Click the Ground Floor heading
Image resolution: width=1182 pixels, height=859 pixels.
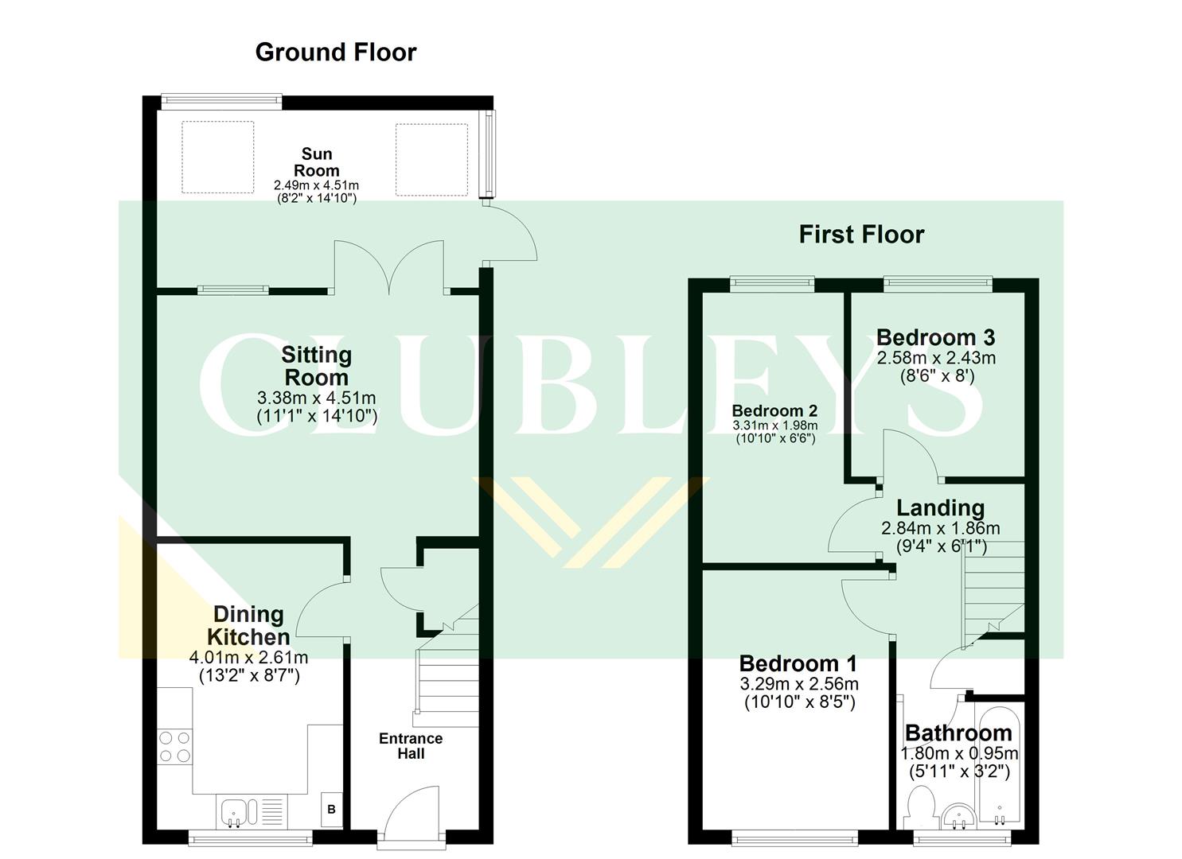(335, 52)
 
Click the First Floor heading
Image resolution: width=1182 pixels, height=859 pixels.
(861, 235)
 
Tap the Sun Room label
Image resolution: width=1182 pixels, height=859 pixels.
(316, 162)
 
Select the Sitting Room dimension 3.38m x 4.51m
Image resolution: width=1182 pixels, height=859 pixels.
(316, 398)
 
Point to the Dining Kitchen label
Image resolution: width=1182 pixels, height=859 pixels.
(248, 625)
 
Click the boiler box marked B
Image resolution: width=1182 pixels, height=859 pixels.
(332, 810)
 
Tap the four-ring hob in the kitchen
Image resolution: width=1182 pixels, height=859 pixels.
(175, 746)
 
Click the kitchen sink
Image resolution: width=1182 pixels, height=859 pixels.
(236, 812)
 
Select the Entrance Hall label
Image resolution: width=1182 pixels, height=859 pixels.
(411, 746)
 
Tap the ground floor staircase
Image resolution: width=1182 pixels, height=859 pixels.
(446, 676)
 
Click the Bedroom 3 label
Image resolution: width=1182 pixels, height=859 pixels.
(935, 338)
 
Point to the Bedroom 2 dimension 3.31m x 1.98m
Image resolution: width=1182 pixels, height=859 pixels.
(774, 426)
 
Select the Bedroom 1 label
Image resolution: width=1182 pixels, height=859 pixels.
(798, 663)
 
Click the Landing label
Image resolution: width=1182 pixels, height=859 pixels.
(940, 508)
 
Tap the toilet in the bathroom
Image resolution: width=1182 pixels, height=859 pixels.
(920, 805)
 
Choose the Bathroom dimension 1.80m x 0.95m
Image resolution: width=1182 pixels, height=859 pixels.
(959, 753)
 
